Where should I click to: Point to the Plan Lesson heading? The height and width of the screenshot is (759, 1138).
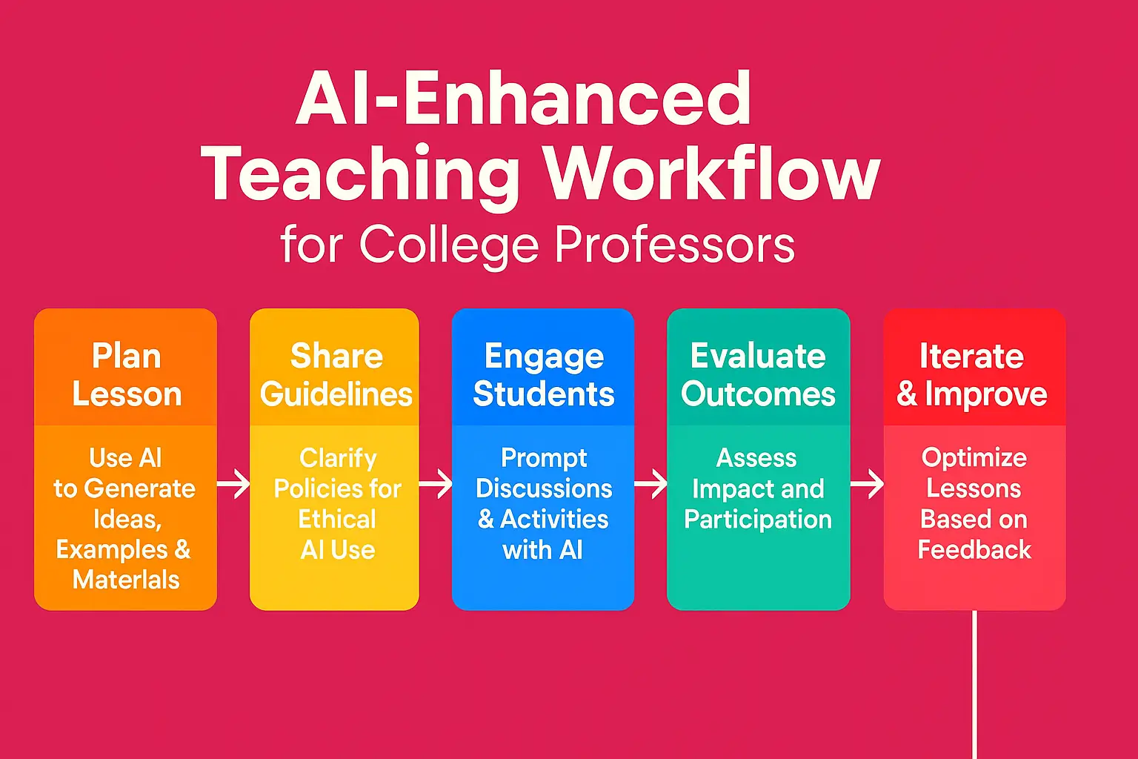127,375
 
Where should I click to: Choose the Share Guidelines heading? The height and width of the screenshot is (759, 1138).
336,375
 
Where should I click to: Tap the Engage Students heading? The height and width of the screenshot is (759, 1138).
544,375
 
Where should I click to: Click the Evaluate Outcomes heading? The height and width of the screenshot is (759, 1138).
758,375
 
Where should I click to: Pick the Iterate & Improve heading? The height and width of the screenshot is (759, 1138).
972,375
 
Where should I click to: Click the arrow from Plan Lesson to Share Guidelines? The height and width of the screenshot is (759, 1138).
234,484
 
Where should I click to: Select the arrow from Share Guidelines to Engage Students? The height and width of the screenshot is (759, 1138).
436,484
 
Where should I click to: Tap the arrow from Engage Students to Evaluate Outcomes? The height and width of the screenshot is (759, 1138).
650,484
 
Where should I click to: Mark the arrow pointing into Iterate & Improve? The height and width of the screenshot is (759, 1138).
867,484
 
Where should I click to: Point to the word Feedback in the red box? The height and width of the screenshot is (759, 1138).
974,550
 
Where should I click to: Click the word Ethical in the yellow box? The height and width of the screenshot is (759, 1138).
337,519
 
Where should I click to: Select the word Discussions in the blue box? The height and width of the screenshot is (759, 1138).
544,488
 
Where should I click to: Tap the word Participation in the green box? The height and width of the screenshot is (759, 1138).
758,520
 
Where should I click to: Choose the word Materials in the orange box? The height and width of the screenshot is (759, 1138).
126,580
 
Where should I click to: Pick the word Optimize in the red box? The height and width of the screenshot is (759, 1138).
974,458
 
